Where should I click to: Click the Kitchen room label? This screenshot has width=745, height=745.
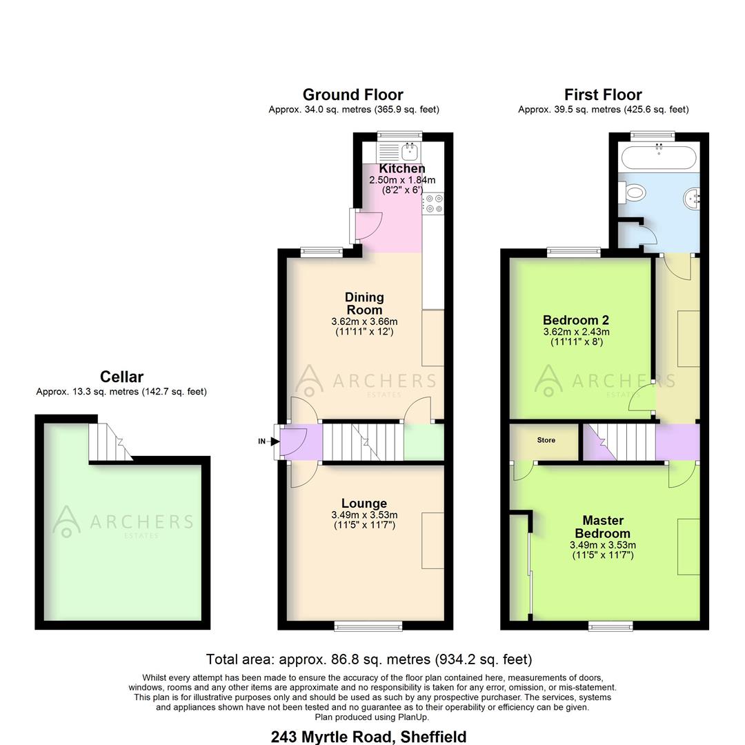tap(402, 168)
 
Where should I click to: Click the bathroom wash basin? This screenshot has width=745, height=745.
tap(692, 199)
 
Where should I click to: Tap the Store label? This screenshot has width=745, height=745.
tap(546, 440)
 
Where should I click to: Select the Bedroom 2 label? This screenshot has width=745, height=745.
tap(576, 320)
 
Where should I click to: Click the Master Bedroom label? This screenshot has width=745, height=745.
tap(603, 527)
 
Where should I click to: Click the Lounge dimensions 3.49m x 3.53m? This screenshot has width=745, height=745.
tap(364, 515)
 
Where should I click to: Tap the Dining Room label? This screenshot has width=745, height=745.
tap(364, 304)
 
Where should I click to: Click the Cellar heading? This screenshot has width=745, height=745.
tap(121, 377)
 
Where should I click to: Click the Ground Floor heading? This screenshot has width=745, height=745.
tap(352, 95)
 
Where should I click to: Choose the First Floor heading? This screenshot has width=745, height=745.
tap(603, 95)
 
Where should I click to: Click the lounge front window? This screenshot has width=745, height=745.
tap(368, 626)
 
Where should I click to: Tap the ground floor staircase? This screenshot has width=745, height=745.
tap(363, 441)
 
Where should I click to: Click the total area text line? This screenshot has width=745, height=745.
tap(369, 659)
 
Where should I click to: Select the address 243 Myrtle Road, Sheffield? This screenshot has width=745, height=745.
tap(369, 737)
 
